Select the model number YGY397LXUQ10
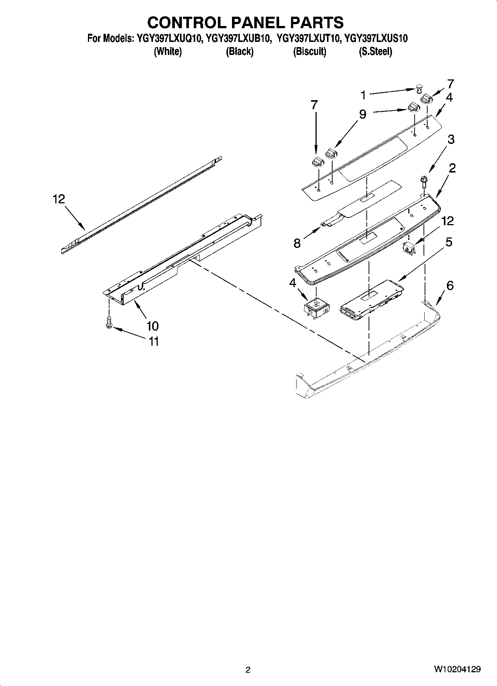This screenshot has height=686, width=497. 169,39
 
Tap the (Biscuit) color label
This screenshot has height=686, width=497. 310,52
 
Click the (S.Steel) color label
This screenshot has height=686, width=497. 375,52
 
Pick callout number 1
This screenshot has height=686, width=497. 363,95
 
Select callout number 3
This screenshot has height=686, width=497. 451,140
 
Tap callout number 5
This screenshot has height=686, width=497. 449,242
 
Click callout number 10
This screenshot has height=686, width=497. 152,326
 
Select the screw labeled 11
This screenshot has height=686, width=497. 109,322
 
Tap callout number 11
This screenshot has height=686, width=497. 154,341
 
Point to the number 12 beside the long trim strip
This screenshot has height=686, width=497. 59,199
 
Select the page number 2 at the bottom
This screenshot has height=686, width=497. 248,670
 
